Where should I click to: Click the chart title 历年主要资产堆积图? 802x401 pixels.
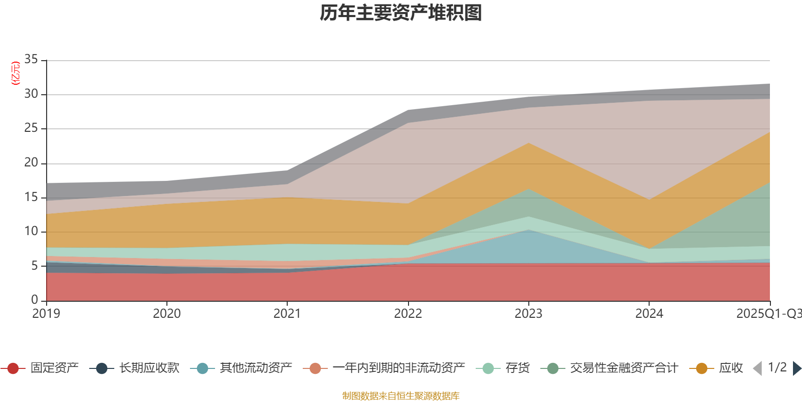[401, 13]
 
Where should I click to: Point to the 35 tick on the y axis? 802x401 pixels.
[31, 60]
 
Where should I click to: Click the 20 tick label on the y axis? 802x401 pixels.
[31, 163]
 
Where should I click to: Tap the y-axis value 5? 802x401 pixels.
[34, 266]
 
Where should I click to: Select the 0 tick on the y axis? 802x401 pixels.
[34, 300]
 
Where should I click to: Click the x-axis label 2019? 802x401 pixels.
[46, 314]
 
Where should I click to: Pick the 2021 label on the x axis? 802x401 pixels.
[287, 314]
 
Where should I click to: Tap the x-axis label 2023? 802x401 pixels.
[528, 314]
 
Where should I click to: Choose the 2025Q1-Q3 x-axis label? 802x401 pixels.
[768, 314]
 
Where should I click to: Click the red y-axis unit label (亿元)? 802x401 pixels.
[16, 73]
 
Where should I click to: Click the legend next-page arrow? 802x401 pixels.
[797, 368]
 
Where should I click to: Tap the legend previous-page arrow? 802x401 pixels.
[757, 368]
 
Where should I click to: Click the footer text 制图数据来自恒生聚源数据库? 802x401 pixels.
[401, 396]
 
